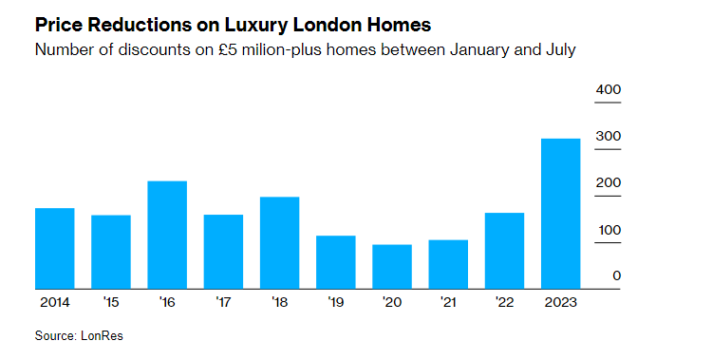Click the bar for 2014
(54, 248)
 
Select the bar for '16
(167, 235)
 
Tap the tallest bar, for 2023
(560, 214)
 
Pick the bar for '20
(392, 267)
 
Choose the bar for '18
(279, 242)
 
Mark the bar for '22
(504, 251)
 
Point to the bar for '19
(335, 262)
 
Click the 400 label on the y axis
(608, 89)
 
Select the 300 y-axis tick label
(608, 136)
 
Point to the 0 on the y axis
(616, 276)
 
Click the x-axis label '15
(110, 302)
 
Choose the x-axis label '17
(223, 302)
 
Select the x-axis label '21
(448, 302)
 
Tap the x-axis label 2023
(560, 302)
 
